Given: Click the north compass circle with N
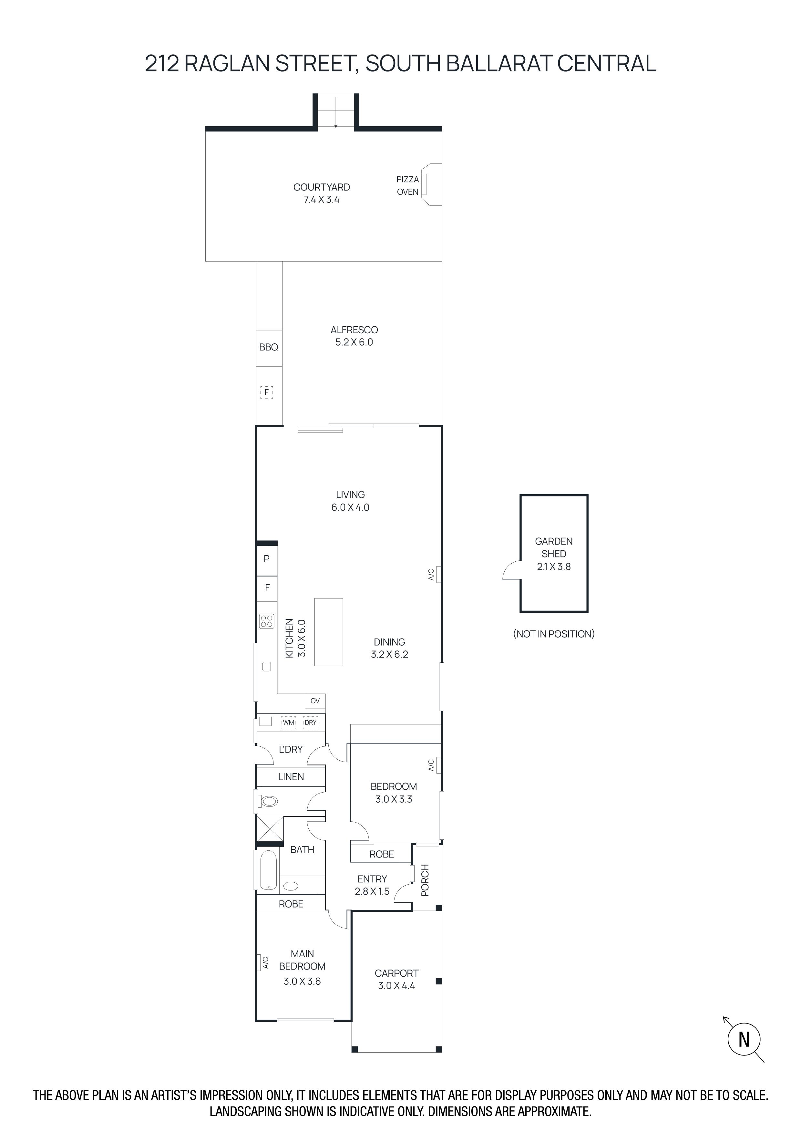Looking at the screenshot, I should [x=744, y=1039].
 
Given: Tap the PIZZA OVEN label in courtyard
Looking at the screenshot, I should [x=407, y=185].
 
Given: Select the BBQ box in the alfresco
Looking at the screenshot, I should [x=269, y=348].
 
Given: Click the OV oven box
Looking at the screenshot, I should [x=315, y=701].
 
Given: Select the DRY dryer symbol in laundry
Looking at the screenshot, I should [x=310, y=722].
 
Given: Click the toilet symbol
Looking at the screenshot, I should [x=269, y=800].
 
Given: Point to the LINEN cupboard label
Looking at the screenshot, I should [x=291, y=777].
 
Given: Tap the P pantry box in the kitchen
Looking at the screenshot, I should [x=267, y=559].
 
